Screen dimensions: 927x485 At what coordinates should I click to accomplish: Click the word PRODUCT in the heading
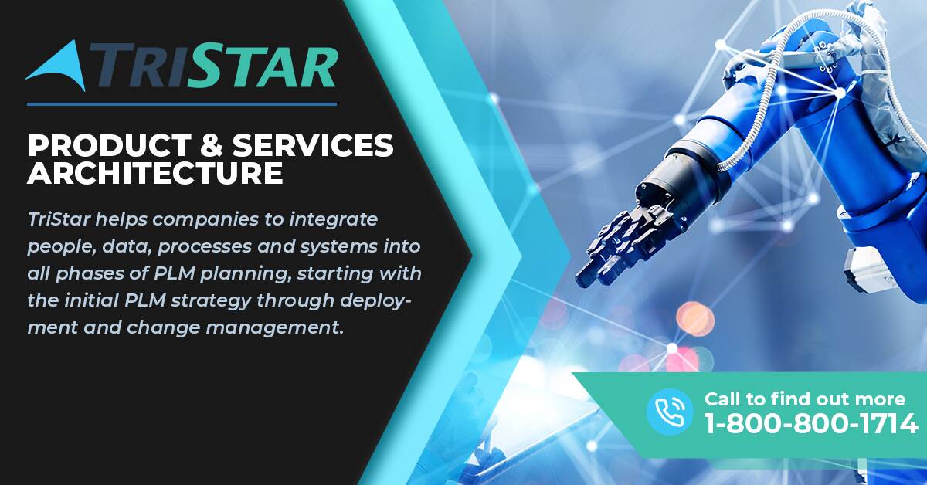pyautogui.click(x=109, y=145)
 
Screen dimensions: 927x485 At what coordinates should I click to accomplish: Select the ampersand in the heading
pyautogui.click(x=212, y=145)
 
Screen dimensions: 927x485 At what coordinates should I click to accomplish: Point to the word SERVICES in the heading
pyautogui.click(x=313, y=145)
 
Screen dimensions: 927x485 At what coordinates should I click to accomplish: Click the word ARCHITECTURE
pyautogui.click(x=155, y=173)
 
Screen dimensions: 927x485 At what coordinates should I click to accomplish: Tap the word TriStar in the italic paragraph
pyautogui.click(x=59, y=219)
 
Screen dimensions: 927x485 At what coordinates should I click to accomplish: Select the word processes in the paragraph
pyautogui.click(x=205, y=247)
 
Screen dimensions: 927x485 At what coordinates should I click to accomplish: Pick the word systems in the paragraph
pyautogui.click(x=338, y=247)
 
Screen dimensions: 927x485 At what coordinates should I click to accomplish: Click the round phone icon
pyautogui.click(x=670, y=412)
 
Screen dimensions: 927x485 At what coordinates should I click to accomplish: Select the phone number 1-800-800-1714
pyautogui.click(x=810, y=423)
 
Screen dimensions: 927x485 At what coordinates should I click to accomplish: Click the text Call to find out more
pyautogui.click(x=805, y=399)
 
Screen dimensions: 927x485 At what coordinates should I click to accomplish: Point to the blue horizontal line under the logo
pyautogui.click(x=182, y=104)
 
